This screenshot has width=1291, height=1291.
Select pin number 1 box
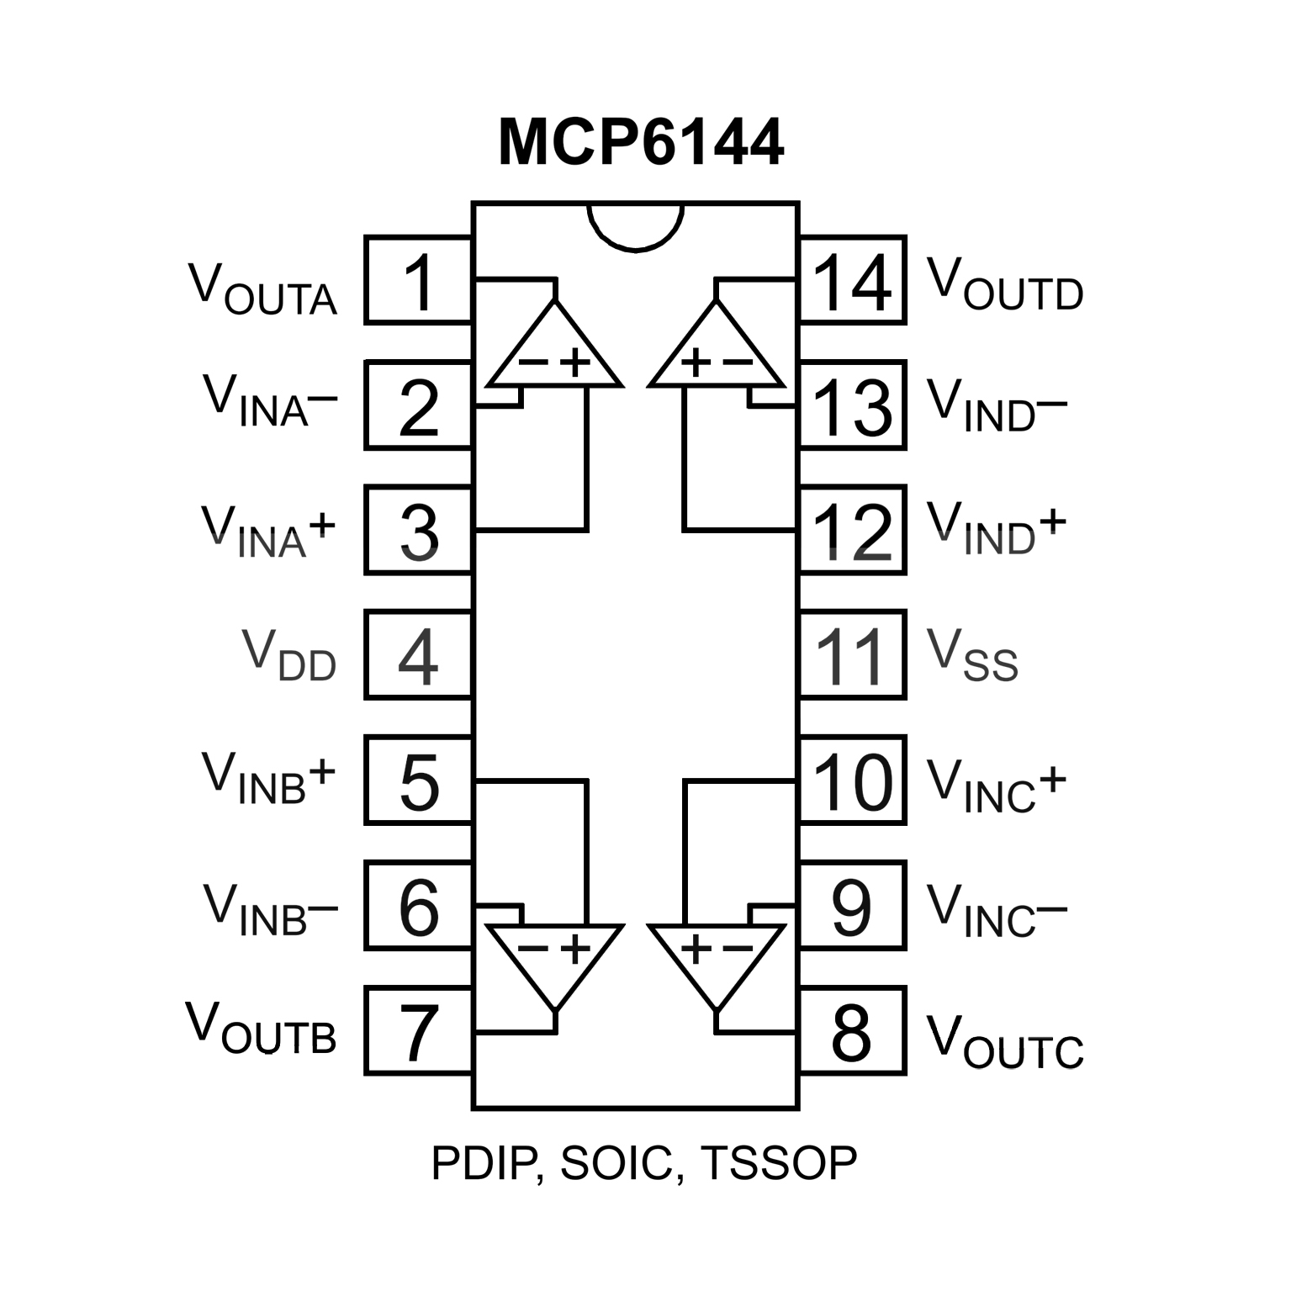418,280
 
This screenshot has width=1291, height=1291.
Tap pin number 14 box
852,280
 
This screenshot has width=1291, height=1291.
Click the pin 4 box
418,655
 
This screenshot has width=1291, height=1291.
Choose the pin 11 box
852,655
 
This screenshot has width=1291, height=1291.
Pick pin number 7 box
418,1030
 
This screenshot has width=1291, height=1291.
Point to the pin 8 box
852,1030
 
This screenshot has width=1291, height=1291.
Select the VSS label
972,657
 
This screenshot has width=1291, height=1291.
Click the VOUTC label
1004,1042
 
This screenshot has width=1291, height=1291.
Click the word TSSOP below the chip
779,1163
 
